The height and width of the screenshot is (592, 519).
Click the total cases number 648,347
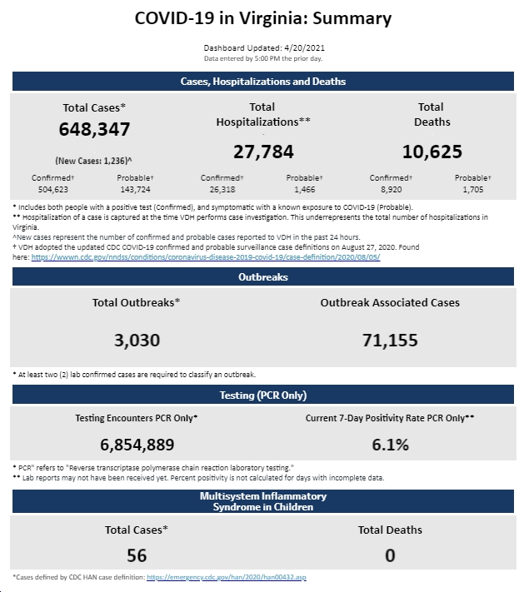[94, 129]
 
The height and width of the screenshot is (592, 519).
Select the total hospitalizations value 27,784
[263, 152]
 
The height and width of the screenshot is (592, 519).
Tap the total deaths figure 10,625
[432, 152]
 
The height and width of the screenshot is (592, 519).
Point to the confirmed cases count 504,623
[52, 190]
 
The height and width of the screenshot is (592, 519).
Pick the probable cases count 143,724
[135, 190]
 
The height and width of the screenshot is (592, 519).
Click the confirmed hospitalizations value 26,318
[222, 190]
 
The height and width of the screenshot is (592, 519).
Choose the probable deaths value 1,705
[473, 190]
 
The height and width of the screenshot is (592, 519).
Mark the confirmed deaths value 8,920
[391, 190]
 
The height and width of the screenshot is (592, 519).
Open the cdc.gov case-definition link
[206, 257]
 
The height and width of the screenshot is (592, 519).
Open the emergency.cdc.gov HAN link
[227, 577]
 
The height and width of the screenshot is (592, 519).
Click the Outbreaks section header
[263, 277]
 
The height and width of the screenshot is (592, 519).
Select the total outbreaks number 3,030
[137, 341]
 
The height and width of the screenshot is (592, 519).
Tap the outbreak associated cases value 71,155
[390, 341]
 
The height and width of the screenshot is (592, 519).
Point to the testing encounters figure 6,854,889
[137, 445]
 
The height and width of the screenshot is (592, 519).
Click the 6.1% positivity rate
[390, 445]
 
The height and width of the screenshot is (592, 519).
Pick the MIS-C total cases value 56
[137, 555]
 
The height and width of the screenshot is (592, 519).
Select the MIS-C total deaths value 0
[390, 555]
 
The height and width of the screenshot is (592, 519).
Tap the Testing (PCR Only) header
[263, 395]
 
